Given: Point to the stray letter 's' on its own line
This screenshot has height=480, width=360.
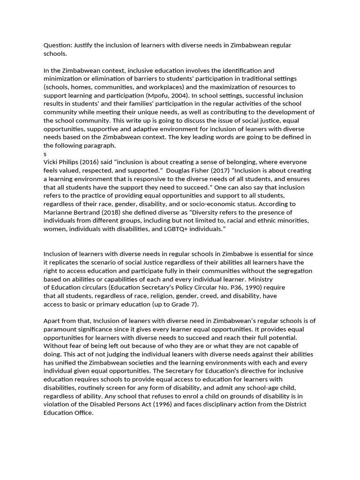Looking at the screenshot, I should [x=45, y=154].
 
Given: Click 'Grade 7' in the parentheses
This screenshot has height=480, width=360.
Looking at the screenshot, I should [x=184, y=304].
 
